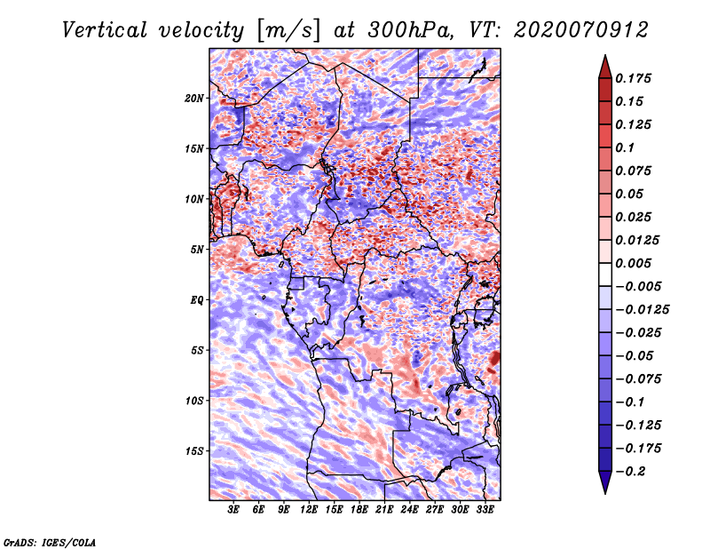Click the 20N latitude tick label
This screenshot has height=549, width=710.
tap(195, 98)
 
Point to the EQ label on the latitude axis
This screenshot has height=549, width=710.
tap(197, 300)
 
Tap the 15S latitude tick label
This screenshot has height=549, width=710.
tap(195, 451)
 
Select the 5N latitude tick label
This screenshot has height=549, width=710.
tap(197, 250)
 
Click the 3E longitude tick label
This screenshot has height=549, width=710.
tap(234, 510)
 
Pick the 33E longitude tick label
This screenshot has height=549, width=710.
tap(485, 510)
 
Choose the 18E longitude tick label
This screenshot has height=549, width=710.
tap(359, 510)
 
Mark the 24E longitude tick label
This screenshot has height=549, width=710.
tap(410, 510)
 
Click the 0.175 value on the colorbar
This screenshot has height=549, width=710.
tap(635, 78)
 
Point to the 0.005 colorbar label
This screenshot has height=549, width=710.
tap(635, 264)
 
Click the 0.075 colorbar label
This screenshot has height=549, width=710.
tap(635, 171)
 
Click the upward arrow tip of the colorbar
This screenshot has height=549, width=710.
tap(604, 58)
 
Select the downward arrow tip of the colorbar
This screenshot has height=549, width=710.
tap(604, 491)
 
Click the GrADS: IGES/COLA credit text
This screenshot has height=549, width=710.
tap(49, 541)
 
